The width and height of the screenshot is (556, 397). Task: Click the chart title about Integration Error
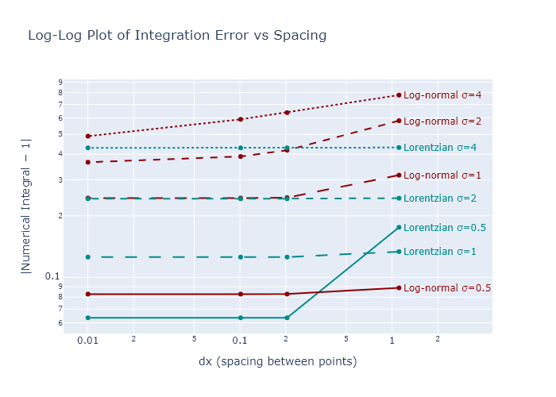[177, 36]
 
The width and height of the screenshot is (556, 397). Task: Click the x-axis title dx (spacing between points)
[277, 361]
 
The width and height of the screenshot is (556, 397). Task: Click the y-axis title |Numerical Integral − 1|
[26, 206]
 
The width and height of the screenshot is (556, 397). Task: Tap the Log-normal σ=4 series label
[442, 95]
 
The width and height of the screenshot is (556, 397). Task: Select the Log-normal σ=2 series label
[442, 121]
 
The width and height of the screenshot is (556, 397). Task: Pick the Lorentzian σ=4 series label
[440, 148]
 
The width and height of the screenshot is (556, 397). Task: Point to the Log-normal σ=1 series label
[442, 175]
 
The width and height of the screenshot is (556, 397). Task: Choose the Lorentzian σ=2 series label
[440, 198]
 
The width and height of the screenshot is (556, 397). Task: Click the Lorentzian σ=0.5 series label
[445, 228]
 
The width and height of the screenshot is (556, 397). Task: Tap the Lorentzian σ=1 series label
[440, 252]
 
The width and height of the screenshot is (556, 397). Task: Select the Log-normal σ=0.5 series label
[446, 288]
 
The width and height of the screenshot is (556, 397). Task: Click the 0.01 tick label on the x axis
[87, 341]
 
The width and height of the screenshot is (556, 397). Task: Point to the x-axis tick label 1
[392, 341]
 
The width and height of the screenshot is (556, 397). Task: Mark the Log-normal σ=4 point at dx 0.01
[87, 137]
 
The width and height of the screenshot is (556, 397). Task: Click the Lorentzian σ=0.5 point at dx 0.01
[87, 318]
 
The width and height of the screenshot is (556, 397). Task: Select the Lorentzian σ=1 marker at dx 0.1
[240, 257]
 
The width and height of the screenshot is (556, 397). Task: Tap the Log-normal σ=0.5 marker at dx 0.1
[240, 295]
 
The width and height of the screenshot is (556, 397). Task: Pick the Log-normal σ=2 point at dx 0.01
[87, 162]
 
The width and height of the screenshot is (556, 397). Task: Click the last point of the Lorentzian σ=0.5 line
[399, 228]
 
